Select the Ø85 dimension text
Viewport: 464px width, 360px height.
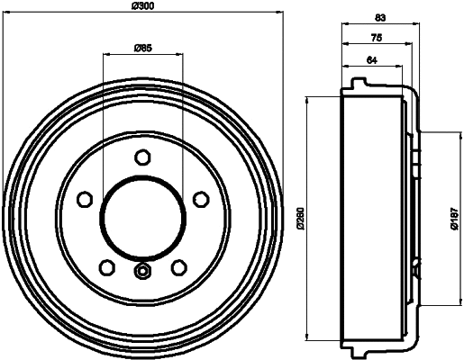coord(141,47)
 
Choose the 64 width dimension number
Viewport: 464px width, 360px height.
coord(371,61)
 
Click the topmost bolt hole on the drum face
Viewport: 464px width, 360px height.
coord(141,157)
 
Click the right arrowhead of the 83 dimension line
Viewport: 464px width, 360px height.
coord(414,28)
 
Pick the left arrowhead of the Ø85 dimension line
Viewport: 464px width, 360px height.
coord(106,54)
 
